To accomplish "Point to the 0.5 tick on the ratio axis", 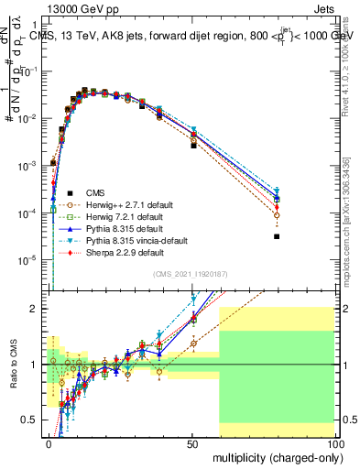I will click(34, 420).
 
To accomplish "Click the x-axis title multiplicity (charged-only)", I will click(273, 456).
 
